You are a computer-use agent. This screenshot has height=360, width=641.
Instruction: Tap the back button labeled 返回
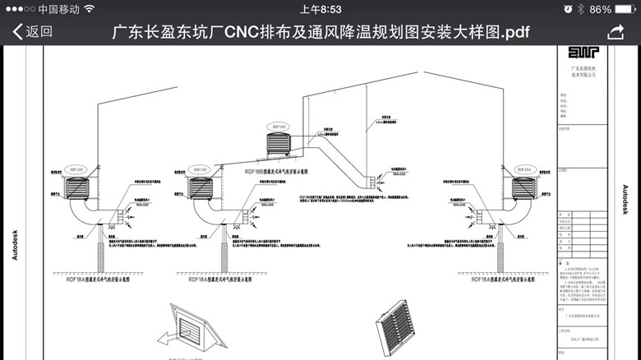click(33, 32)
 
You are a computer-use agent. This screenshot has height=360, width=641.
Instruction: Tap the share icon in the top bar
click(616, 32)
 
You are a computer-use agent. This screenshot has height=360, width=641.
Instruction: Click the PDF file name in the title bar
click(320, 32)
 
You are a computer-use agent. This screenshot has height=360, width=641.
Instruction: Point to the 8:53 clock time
click(320, 9)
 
